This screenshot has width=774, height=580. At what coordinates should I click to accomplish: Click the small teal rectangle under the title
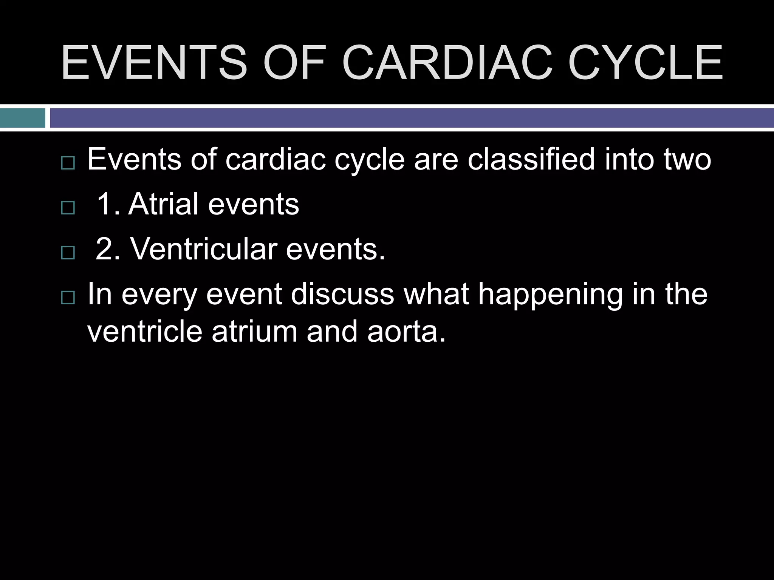(22, 118)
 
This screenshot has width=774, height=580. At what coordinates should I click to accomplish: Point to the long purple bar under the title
(412, 118)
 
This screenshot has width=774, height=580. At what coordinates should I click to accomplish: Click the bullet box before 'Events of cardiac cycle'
(68, 163)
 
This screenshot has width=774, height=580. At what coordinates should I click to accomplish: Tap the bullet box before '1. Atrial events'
(68, 208)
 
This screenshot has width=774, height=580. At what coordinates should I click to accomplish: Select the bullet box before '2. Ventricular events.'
(68, 253)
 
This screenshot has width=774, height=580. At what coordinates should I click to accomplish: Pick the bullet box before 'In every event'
(68, 298)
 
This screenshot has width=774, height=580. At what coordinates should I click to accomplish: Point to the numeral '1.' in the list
(108, 204)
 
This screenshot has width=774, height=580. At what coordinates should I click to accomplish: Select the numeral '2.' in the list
(108, 249)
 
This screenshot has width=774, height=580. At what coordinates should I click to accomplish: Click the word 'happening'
(550, 295)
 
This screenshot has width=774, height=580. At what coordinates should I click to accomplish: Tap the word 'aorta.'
(406, 331)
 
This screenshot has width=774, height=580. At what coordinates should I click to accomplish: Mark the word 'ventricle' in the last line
(145, 331)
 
